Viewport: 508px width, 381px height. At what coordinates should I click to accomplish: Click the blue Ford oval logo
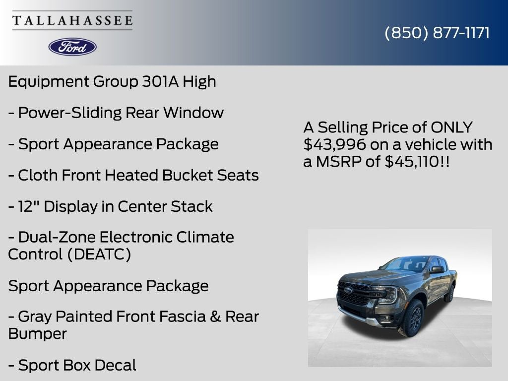[72, 47]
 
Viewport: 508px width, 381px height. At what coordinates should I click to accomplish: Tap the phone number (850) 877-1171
[437, 33]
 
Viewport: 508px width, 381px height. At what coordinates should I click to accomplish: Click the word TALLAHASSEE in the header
[72, 20]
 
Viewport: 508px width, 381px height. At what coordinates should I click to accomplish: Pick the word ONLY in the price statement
[451, 127]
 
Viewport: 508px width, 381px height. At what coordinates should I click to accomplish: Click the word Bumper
[37, 333]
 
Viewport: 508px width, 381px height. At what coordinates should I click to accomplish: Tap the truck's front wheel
[411, 318]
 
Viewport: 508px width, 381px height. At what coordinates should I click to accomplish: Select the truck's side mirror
[437, 269]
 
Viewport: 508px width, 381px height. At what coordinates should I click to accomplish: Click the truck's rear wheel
[449, 293]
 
